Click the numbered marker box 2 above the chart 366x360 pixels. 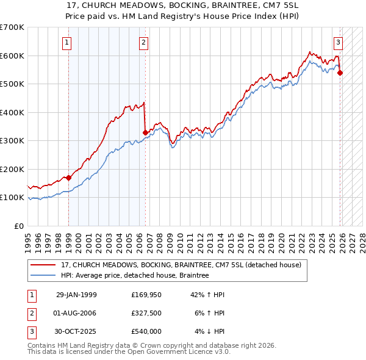[143, 43]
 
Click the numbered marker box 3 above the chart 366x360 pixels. [338, 43]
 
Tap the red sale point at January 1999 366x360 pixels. [68, 178]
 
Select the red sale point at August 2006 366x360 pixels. [145, 132]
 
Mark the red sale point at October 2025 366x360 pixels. [340, 73]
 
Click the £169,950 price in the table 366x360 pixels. [146, 295]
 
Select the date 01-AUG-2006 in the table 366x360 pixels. [76, 313]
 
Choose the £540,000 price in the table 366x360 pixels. [146, 331]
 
